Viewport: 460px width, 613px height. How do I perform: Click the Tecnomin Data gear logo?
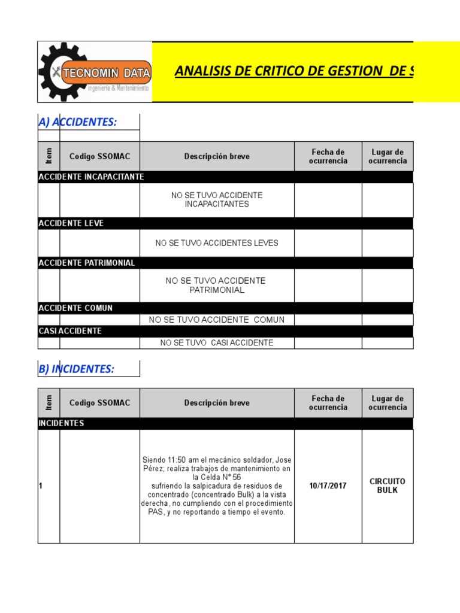tap(95, 72)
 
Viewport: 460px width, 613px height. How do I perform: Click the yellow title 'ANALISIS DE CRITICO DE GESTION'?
tap(293, 72)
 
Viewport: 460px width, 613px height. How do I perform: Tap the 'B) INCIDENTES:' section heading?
tap(76, 369)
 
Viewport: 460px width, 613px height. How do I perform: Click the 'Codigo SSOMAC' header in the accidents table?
tap(99, 156)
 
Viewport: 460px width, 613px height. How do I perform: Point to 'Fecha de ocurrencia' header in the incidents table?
tap(328, 403)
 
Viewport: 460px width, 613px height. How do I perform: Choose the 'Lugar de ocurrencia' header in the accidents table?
tap(388, 156)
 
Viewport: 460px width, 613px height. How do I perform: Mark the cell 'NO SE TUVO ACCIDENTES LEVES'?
tap(217, 243)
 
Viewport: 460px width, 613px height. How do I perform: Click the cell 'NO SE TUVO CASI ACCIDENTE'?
tap(217, 343)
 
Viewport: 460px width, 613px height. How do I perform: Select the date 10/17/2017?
tap(328, 486)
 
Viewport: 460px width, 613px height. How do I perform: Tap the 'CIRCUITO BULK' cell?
tap(388, 485)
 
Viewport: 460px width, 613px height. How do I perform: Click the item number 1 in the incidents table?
tap(41, 486)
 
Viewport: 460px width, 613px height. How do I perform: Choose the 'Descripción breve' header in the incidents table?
tap(217, 403)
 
